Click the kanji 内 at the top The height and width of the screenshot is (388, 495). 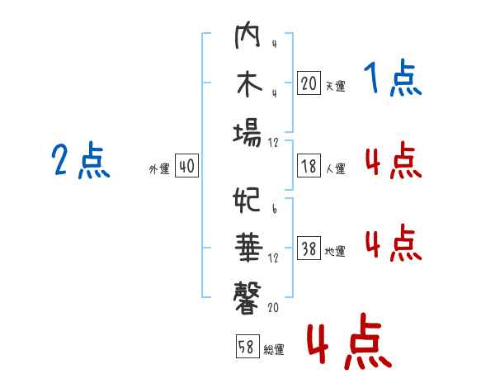coord(247,35)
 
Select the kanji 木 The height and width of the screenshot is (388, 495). coord(249,84)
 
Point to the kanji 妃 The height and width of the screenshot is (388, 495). coord(247,200)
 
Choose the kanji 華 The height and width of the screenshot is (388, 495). coord(249,248)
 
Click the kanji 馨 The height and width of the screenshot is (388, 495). coord(247,298)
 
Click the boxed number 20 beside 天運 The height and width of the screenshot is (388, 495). coord(309,83)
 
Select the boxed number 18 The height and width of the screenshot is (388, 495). coord(309,166)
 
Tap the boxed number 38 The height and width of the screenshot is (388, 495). coord(309,248)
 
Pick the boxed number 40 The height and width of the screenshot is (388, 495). coord(186,166)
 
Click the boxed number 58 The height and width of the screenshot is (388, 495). coord(247,346)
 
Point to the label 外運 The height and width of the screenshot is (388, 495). coord(159,168)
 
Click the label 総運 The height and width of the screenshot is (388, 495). coord(274,349)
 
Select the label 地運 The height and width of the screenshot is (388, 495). coord(335,251)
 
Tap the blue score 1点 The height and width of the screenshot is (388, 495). coord(393,78)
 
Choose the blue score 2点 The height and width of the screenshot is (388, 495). coord(81,160)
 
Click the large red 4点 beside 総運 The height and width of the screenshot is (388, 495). coord(350,341)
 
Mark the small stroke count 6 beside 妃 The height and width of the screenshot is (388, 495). coord(275,208)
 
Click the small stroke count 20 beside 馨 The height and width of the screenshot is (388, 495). coord(273,307)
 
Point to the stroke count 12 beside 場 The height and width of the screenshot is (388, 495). coord(273,143)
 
